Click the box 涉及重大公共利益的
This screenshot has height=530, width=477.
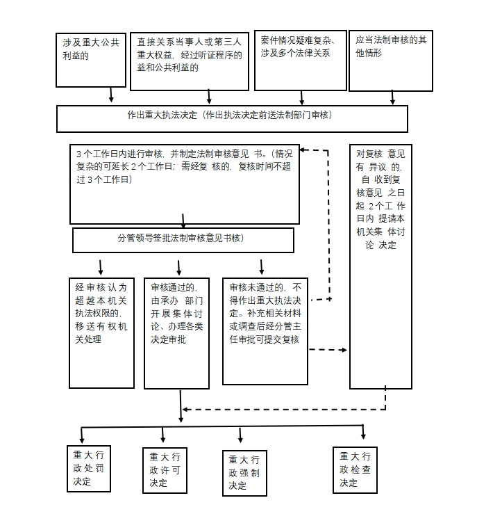(x=90, y=60)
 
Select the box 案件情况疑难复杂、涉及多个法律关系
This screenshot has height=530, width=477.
(x=300, y=60)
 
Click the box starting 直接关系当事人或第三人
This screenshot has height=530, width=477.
(x=189, y=61)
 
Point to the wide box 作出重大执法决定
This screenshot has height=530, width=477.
(x=232, y=118)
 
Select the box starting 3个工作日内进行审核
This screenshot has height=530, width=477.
(x=185, y=184)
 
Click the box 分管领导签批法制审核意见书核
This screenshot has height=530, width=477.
(x=183, y=240)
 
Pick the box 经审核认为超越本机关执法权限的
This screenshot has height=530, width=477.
(x=101, y=333)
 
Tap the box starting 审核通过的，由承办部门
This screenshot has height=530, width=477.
(x=176, y=333)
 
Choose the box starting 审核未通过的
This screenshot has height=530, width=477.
(x=265, y=331)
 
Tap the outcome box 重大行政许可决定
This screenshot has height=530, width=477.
(x=165, y=469)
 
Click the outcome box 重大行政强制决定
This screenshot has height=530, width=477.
(x=244, y=473)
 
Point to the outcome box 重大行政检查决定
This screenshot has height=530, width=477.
(x=355, y=469)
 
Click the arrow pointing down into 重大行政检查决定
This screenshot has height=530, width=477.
(x=363, y=432)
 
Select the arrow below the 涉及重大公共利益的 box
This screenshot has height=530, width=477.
(x=111, y=95)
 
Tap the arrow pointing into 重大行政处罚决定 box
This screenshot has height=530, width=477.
(x=82, y=435)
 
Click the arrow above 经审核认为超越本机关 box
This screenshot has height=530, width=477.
(x=101, y=267)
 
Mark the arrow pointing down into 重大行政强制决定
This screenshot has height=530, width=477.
(x=241, y=435)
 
